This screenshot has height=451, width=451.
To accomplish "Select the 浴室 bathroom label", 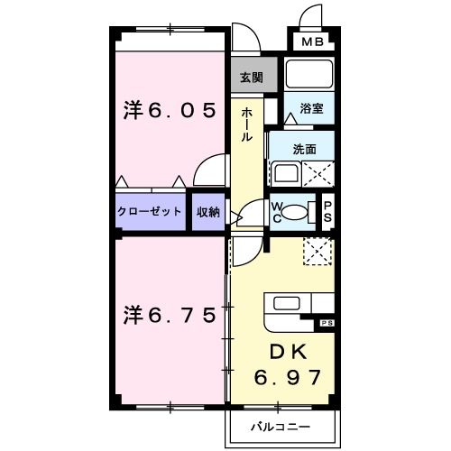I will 312,108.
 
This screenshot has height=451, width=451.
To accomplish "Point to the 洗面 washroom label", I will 303,149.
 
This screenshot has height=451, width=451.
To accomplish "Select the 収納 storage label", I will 208,212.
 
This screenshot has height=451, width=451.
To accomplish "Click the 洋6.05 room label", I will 170,110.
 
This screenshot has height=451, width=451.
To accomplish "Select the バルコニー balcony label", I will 281,426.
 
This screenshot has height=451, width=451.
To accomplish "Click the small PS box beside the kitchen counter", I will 326,322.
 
